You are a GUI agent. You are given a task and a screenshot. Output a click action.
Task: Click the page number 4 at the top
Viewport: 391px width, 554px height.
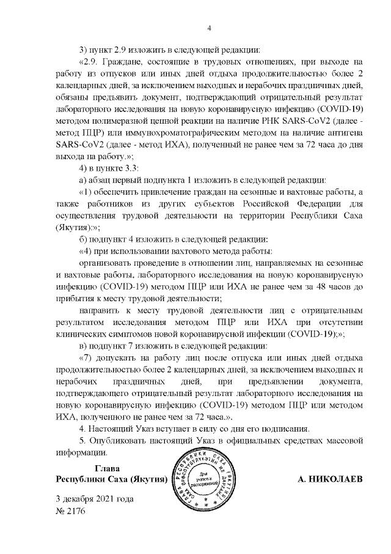(x=208, y=28)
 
